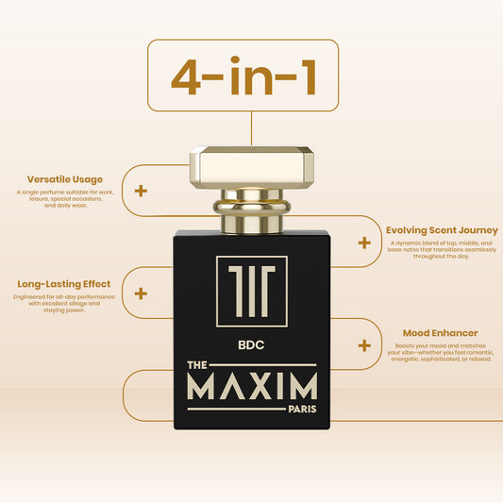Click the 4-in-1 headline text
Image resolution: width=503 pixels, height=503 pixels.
tap(243, 76)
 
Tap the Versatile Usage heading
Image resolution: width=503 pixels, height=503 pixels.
tap(65, 179)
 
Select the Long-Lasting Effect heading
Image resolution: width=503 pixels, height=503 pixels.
tap(64, 284)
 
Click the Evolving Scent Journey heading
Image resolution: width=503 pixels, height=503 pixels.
tap(442, 230)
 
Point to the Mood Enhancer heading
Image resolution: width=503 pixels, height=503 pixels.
tap(440, 333)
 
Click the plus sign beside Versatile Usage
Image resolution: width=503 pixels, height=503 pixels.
tap(141, 192)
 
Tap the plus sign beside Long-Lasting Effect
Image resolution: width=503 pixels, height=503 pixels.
tap(141, 293)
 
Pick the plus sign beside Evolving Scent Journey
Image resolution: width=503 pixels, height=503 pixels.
tap(364, 243)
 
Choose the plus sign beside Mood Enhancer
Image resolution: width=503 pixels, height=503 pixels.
tap(364, 345)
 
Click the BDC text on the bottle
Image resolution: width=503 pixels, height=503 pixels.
tap(251, 345)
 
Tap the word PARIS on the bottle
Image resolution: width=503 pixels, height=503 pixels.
tap(302, 409)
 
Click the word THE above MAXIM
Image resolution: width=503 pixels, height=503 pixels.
tap(197, 365)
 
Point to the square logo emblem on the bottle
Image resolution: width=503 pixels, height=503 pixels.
tap(252, 292)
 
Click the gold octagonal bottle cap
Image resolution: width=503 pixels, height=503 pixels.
tap(252, 167)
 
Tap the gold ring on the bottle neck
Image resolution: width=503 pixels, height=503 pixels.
tap(252, 206)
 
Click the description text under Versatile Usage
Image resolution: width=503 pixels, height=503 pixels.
tap(65, 199)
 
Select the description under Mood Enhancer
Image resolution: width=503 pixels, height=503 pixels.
tap(440, 353)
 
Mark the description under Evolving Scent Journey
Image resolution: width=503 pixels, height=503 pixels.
tap(442, 249)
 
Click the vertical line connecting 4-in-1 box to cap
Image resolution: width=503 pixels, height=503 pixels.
tap(251, 128)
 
